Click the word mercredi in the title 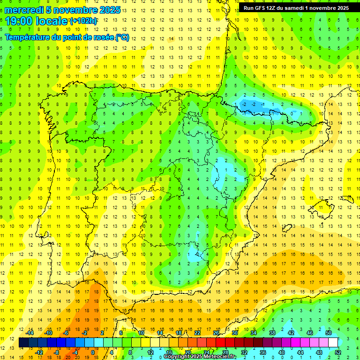24,10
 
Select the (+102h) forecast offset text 83,21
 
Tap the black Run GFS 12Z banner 296,8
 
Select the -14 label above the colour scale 30,333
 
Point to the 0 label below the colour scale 92,352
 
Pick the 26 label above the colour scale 216,333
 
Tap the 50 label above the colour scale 329,333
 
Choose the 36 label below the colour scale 262,352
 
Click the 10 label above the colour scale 141,333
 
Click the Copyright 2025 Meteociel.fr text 200,357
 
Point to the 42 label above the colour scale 291,333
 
